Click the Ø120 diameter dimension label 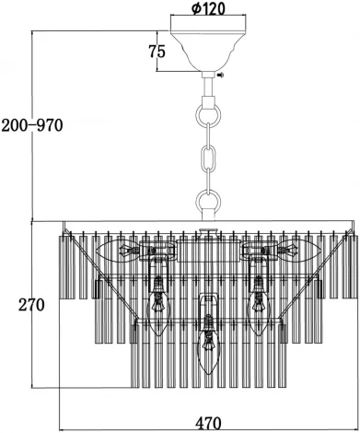pyautogui.click(x=208, y=8)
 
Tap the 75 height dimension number pyautogui.click(x=157, y=52)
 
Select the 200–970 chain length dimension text pyautogui.click(x=32, y=125)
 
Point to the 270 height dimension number pyautogui.click(x=31, y=305)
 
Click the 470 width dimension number pyautogui.click(x=208, y=423)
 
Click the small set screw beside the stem pyautogui.click(x=221, y=75)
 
